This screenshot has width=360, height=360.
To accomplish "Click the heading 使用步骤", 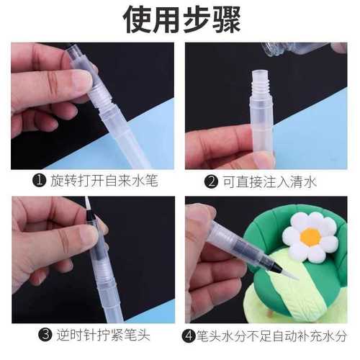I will point(180,19).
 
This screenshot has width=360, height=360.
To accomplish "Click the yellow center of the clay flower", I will point(310,236).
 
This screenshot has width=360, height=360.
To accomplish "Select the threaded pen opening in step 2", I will point(260,79).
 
